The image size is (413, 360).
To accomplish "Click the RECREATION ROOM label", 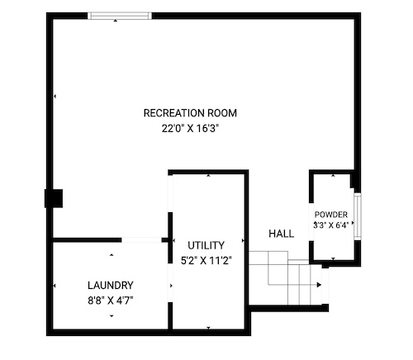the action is point(190,113).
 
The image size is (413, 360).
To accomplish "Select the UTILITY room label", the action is point(206,245).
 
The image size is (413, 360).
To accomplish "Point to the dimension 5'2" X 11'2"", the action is point(206,260).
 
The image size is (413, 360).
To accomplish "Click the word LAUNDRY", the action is point(111,286).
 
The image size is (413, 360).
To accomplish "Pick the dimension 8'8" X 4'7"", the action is point(111,301).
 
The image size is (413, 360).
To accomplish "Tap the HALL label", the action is point(281,234).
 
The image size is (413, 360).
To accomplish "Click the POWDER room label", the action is point(331,215).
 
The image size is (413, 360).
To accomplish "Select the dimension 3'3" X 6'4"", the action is point(331,225).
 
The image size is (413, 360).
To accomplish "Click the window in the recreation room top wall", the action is point(120,16).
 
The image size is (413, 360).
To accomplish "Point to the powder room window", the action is point(358,216).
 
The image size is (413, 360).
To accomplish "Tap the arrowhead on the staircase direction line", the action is point(319,285).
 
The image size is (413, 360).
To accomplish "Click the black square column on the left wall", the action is point(54,198).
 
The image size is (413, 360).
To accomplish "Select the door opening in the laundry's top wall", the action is point(141,240).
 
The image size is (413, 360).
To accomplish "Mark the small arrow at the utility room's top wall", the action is point(209,175).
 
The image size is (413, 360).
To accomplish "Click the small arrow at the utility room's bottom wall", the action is point(208,328).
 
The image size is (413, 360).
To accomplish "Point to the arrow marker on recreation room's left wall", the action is point(55,97).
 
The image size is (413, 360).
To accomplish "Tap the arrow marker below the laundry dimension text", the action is point(112,316).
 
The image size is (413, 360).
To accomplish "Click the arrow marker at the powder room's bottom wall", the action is point(333,258).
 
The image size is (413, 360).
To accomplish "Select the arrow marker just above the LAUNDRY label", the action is point(112,255).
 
